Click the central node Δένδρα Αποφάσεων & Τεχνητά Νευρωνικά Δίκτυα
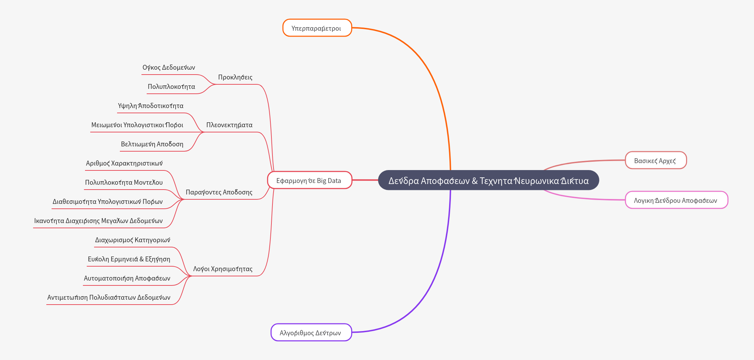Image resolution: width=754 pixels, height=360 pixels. point(488,181)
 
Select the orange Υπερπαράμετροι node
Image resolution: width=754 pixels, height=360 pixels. point(317,28)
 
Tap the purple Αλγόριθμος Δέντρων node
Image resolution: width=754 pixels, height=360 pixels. point(311,332)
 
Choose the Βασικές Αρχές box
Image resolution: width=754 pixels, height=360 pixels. point(655,161)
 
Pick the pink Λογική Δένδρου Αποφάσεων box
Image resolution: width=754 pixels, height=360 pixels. point(676,200)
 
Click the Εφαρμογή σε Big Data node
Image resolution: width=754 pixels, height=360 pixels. point(309,181)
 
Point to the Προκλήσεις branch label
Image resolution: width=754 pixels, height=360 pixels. point(235,77)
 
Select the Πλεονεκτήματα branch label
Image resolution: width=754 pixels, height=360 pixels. point(229,125)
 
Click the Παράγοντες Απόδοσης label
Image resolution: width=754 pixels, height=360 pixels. point(219,192)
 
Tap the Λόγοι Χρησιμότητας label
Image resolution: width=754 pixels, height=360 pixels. point(223,269)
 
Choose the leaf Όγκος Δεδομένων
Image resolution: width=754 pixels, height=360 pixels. point(169,68)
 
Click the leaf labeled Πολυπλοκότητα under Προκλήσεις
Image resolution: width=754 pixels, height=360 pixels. point(171,87)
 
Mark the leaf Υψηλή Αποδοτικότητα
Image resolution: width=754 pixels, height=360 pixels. point(151,106)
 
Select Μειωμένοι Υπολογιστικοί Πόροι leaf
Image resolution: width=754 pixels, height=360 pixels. point(137,125)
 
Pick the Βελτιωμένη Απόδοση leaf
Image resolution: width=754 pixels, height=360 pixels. point(152,144)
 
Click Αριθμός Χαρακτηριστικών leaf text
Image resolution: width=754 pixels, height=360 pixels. point(124,163)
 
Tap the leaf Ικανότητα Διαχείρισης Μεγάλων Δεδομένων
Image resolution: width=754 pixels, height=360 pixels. point(98,221)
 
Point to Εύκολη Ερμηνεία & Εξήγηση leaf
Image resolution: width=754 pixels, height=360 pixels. point(129,259)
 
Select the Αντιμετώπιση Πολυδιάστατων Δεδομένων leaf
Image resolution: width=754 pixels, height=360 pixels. point(109,298)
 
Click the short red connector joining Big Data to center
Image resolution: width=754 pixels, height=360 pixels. point(365,180)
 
